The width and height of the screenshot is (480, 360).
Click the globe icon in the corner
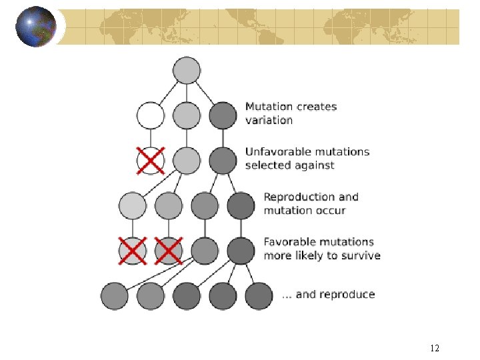point(35,27)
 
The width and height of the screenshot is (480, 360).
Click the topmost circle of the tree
point(187,70)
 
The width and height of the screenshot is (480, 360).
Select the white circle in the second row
point(151,115)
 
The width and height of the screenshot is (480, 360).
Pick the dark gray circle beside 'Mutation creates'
point(223,115)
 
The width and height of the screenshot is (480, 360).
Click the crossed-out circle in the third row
point(151,161)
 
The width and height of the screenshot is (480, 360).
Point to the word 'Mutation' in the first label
point(269,107)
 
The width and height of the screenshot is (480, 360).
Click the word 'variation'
point(269,121)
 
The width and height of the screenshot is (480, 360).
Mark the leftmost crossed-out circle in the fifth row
point(133,251)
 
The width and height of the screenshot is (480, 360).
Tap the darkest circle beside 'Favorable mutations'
point(241,251)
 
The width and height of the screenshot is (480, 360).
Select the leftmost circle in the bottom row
point(115,296)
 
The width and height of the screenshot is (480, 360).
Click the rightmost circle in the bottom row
point(259,296)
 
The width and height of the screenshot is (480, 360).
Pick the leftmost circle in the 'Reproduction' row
point(133,206)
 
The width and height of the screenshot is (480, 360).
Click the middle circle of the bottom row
point(187,296)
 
